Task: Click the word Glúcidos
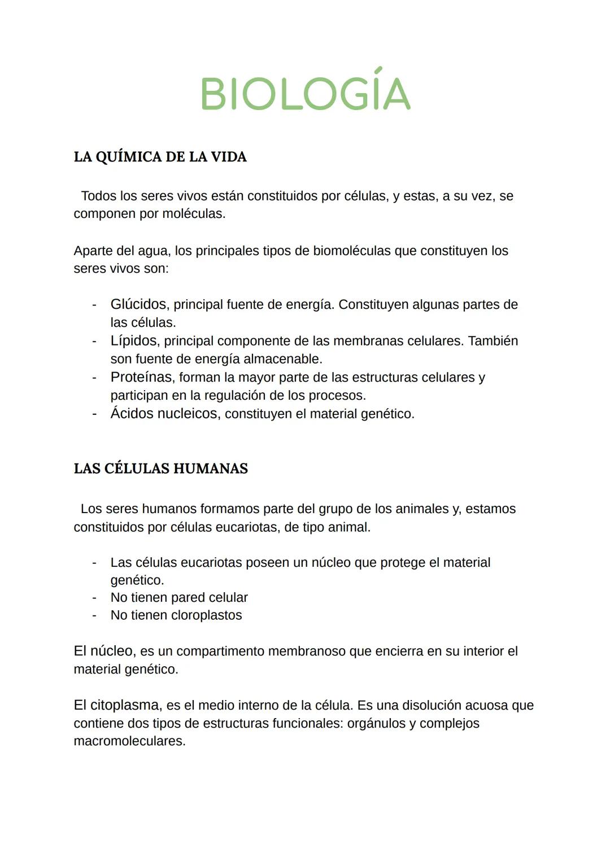tap(138, 304)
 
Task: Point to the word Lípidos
tap(134, 341)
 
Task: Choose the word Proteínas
tap(141, 377)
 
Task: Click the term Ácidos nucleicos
tap(164, 414)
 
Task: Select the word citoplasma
tap(125, 706)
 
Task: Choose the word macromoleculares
tap(129, 741)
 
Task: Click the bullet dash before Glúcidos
tap(94, 305)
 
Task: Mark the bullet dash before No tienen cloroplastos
tap(94, 615)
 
